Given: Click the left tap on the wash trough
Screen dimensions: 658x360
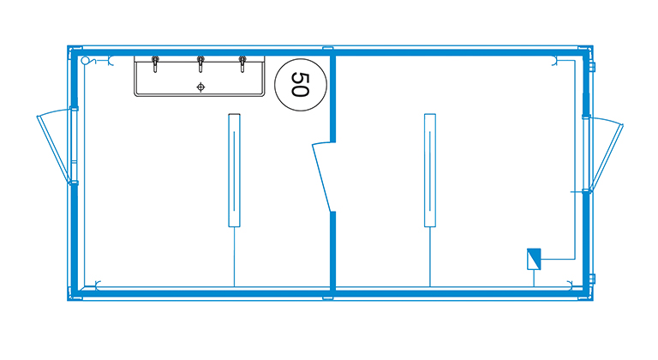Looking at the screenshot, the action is point(155,63).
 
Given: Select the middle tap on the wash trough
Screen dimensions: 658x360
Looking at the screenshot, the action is point(200,63).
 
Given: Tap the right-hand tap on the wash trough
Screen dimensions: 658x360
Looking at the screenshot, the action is point(242,63).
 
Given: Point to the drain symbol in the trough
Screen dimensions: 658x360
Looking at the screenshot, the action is point(200,87).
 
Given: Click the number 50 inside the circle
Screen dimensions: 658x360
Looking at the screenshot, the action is point(300,85).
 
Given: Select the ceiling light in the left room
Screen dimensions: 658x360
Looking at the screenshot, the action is point(234,170).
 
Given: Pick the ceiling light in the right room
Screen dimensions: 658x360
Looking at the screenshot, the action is point(430,170).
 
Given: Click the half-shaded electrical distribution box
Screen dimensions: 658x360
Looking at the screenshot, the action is point(534,259).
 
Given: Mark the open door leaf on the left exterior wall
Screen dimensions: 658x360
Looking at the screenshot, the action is point(54,147).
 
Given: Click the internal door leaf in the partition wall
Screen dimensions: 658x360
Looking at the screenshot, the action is point(322,177).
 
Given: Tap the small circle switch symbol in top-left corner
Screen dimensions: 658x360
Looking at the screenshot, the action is point(85,60).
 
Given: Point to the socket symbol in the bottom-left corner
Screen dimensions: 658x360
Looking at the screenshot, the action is point(98,285).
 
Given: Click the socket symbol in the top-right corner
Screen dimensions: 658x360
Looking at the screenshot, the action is point(555,61).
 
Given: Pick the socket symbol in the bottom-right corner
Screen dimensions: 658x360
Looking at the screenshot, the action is point(571,285).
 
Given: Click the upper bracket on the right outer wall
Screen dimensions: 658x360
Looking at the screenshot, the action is point(592,66).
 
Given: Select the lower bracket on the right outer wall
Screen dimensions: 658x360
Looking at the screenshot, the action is point(592,279).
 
